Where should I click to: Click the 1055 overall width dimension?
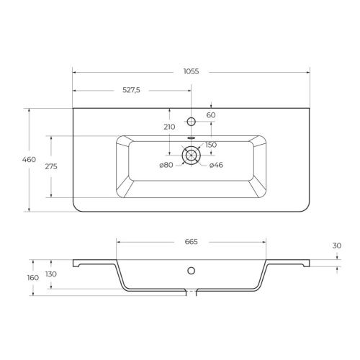(x=191, y=71)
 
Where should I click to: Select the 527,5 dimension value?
(x=131, y=90)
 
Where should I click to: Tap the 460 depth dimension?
(x=29, y=159)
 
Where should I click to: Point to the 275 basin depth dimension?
(x=51, y=166)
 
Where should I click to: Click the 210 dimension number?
(x=169, y=127)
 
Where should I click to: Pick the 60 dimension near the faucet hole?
(x=211, y=115)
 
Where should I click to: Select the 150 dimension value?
(x=211, y=145)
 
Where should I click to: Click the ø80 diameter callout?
(x=166, y=165)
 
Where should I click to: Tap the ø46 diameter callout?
(x=216, y=165)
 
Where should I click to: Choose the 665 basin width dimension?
(x=191, y=242)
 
